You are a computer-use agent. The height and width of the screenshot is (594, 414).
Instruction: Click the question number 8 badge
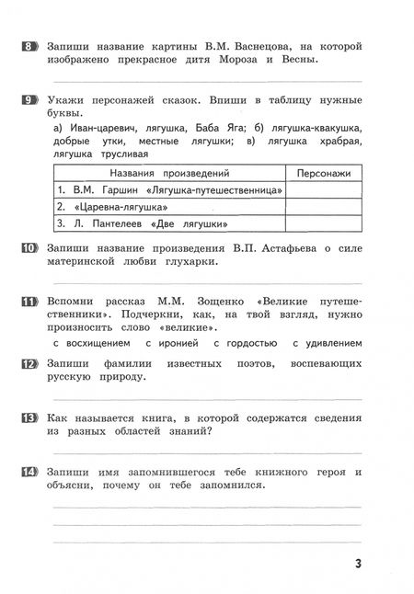click(29, 45)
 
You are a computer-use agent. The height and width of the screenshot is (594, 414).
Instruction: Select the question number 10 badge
click(29, 247)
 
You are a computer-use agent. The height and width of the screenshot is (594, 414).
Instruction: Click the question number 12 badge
click(29, 364)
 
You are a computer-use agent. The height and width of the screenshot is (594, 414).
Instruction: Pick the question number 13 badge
click(29, 418)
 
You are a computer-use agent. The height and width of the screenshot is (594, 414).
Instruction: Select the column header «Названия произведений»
click(169, 173)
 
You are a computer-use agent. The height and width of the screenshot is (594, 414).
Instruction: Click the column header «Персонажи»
click(324, 173)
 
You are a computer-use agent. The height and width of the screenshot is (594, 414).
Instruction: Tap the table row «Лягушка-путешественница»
click(169, 190)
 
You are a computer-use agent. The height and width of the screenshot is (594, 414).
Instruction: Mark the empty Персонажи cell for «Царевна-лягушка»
click(324, 207)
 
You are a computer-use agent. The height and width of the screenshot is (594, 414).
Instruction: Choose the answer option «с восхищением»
click(92, 343)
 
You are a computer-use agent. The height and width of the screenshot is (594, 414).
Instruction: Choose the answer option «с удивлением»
click(339, 343)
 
